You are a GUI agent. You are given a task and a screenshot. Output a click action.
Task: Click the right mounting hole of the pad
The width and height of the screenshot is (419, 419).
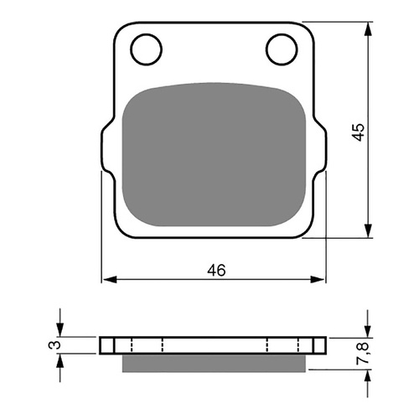[x=280, y=49]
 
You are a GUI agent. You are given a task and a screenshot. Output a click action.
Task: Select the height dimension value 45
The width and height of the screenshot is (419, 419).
[x=358, y=132]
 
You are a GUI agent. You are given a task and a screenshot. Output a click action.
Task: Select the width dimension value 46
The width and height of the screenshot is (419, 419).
[x=216, y=270]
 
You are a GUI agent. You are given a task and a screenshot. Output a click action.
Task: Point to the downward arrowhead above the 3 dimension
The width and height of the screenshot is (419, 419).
[x=60, y=331]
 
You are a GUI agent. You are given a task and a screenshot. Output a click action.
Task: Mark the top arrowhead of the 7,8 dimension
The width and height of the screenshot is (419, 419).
[x=367, y=331]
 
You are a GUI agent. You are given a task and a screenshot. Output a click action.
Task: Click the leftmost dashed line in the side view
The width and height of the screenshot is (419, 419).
[x=132, y=345]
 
